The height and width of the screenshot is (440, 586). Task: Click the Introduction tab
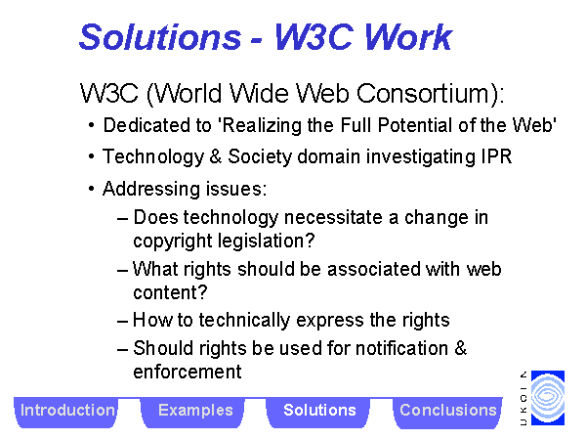66,412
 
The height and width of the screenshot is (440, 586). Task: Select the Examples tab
194,412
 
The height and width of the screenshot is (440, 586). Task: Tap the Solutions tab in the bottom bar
319,412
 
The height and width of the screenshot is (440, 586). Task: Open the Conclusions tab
447,412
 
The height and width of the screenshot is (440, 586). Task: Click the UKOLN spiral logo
548,398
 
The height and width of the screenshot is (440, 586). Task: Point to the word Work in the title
408,37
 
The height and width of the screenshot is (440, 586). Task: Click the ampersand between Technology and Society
215,156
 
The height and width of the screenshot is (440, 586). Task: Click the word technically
244,321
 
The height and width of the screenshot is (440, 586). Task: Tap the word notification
401,348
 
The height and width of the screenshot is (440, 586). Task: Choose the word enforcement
188,372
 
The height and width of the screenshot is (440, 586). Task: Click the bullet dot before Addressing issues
92,189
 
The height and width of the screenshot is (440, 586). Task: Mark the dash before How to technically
123,322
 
